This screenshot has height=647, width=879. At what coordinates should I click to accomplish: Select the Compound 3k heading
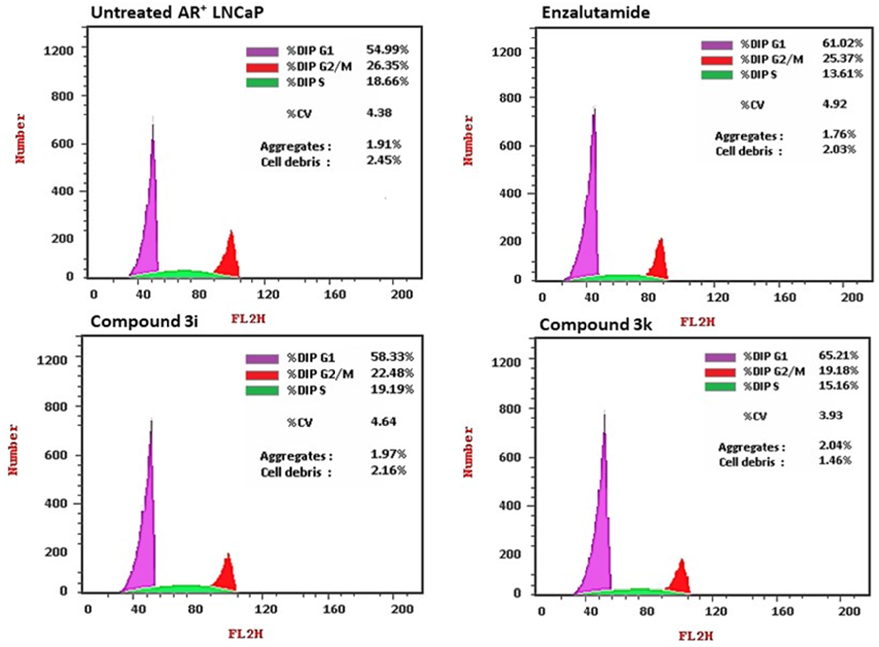[595, 324]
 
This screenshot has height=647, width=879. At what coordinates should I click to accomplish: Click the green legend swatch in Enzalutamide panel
[716, 75]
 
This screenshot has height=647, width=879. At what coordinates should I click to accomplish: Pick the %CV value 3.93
[830, 415]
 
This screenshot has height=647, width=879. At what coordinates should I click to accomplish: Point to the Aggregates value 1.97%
[388, 454]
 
